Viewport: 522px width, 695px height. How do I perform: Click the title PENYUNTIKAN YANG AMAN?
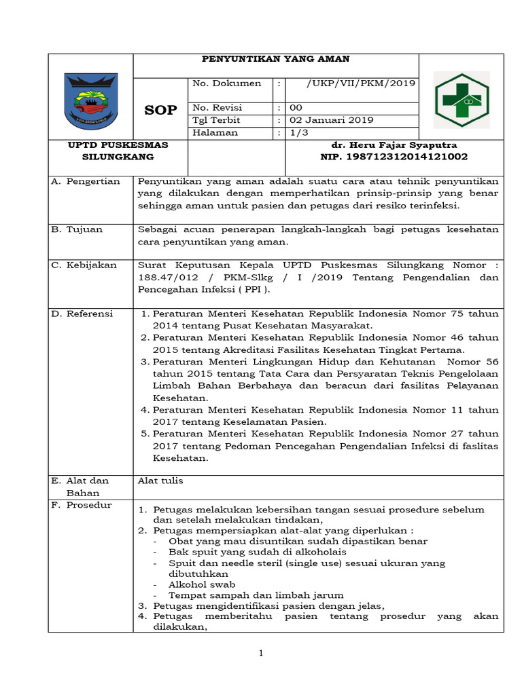[x=276, y=59]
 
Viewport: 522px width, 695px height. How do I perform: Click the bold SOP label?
[x=160, y=110]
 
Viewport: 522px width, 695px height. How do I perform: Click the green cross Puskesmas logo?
[x=461, y=100]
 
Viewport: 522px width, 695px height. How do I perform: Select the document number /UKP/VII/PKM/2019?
[x=360, y=83]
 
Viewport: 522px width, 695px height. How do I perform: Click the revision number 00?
[x=296, y=108]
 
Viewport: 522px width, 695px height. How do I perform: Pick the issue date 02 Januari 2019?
[x=332, y=120]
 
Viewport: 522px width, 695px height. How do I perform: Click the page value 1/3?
[x=298, y=132]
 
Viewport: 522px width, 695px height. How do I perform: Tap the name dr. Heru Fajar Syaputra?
[x=394, y=145]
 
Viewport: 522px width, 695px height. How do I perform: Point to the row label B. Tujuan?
[x=77, y=229]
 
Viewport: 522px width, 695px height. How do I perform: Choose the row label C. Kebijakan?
[x=84, y=265]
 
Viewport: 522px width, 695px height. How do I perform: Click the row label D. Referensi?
[x=83, y=314]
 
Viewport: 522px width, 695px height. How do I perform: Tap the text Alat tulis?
[x=160, y=481]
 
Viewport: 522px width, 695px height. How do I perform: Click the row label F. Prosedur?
[x=82, y=505]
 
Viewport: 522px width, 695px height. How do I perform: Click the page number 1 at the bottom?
[x=260, y=653]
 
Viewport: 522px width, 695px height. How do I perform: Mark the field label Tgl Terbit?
[x=216, y=120]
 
